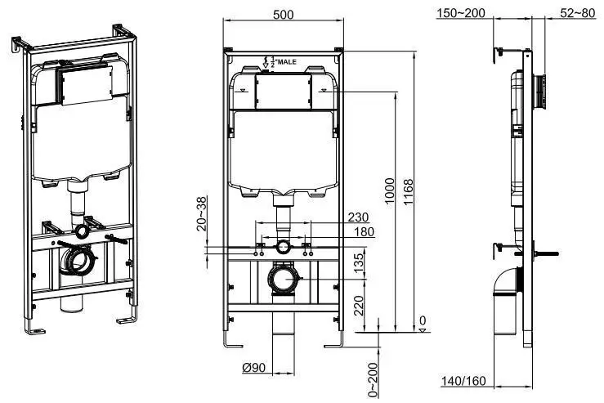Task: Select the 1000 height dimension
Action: [x=389, y=192]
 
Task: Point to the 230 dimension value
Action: [x=357, y=217]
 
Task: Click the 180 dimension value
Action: [x=363, y=232]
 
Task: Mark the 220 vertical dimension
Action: [x=359, y=307]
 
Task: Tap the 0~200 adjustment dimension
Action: [x=373, y=380]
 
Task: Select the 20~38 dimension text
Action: [x=201, y=213]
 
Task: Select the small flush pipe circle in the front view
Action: [x=282, y=246]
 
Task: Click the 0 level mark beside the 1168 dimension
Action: [x=422, y=320]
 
